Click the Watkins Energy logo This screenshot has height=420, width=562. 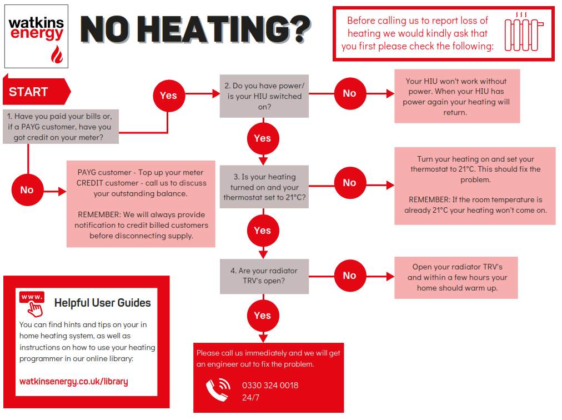(36, 36)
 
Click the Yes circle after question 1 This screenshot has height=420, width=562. (168, 96)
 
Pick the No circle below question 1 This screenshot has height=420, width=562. (27, 190)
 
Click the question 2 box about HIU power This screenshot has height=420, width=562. (264, 96)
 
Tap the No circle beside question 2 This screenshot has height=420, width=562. (349, 93)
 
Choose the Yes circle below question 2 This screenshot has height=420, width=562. (262, 138)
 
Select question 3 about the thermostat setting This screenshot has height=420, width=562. (264, 187)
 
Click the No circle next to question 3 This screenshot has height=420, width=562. (349, 183)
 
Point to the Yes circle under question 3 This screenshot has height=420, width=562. (262, 231)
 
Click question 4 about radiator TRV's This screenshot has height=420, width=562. (264, 276)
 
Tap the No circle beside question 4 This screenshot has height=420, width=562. (349, 275)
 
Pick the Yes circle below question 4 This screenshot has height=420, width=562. (262, 316)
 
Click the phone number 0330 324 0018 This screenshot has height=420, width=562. (270, 386)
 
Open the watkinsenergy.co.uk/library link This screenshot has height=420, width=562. (73, 382)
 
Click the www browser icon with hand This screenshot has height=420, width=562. (33, 303)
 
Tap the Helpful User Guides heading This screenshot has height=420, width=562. (103, 303)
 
